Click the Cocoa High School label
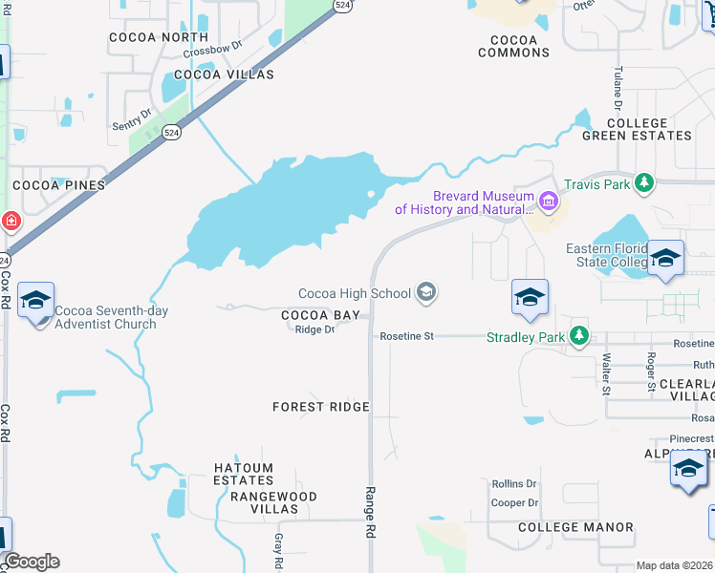[354, 293]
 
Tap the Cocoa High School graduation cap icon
[427, 293]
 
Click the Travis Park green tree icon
[645, 182]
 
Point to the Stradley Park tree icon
[578, 335]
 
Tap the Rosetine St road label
[406, 336]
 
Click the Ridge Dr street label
[314, 329]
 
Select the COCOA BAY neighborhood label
[320, 315]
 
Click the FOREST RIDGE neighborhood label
[320, 407]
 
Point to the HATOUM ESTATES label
[244, 475]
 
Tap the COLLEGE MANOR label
[575, 527]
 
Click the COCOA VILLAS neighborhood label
[225, 74]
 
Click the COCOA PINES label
[58, 184]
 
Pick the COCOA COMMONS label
[514, 47]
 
